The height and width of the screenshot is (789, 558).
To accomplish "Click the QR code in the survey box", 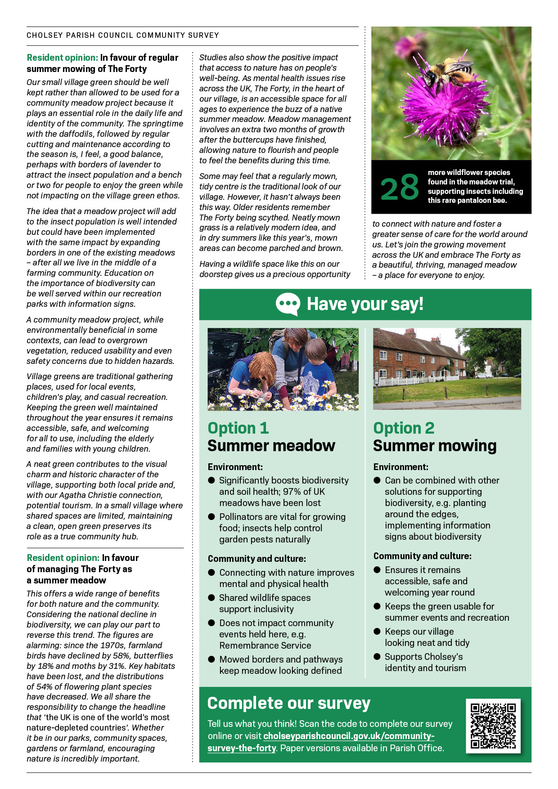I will [493, 726].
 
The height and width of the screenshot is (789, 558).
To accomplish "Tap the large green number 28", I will [400, 188].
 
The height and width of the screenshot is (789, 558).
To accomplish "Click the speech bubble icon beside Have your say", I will [288, 304].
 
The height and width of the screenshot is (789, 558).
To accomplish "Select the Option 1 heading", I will [238, 428].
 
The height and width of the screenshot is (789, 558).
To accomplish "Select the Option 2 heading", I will [404, 428].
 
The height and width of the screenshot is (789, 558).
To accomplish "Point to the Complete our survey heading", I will [288, 703].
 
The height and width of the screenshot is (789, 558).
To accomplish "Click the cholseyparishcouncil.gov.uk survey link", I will [320, 742].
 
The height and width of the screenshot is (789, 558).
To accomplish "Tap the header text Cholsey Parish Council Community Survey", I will [122, 35].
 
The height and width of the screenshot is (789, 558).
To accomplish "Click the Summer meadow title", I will [271, 446].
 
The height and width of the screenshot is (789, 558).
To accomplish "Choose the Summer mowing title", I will [434, 446].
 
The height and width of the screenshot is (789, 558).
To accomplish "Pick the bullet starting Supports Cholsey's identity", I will [423, 662].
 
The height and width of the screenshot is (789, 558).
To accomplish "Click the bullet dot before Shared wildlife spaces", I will [211, 598].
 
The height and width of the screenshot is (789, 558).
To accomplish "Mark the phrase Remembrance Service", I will [265, 646].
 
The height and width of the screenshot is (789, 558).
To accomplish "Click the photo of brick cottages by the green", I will [447, 369].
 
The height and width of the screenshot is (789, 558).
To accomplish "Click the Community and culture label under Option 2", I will [422, 556].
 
